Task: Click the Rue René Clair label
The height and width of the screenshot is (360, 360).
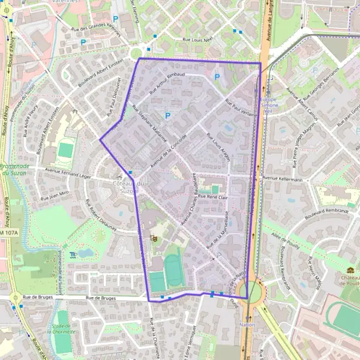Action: (213, 197)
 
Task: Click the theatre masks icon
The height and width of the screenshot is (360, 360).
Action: (154, 238)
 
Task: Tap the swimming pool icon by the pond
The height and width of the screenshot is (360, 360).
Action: (73, 254)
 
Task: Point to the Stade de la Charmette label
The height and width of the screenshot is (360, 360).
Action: (62, 328)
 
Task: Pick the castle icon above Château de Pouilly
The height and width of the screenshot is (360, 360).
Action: (350, 270)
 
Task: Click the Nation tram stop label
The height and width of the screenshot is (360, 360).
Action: (247, 325)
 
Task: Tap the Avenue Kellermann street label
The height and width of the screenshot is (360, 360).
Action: (282, 178)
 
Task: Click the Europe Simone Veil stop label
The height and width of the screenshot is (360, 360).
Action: (268, 105)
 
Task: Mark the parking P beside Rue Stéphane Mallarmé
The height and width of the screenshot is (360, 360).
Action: (168, 115)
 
